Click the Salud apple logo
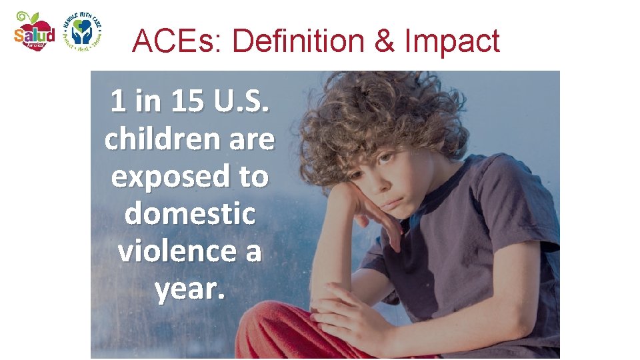click(x=34, y=31)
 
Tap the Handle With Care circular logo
click(x=81, y=31)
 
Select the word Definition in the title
click(x=298, y=41)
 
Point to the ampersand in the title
click(x=385, y=41)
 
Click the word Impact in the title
click(x=452, y=41)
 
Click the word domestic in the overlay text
click(x=190, y=213)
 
